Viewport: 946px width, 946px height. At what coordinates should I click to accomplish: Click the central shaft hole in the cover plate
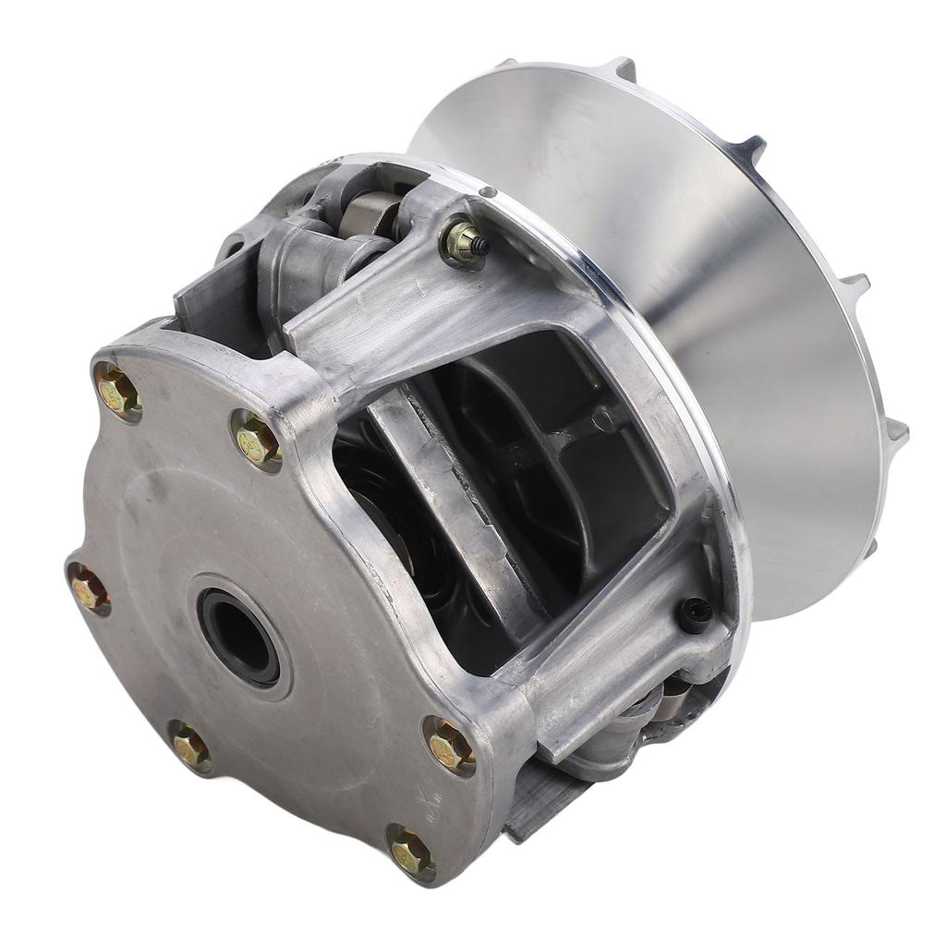pos(239,637)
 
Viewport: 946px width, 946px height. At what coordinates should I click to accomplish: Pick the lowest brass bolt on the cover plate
pos(410,852)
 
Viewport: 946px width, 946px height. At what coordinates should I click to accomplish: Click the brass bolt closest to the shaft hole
pos(257,441)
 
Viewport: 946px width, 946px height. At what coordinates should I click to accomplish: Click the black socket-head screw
pos(696,614)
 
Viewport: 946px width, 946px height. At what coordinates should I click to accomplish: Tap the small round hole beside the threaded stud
pos(488,192)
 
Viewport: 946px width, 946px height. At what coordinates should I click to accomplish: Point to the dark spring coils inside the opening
pos(379,517)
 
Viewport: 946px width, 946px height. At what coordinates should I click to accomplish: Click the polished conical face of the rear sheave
pos(739,305)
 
